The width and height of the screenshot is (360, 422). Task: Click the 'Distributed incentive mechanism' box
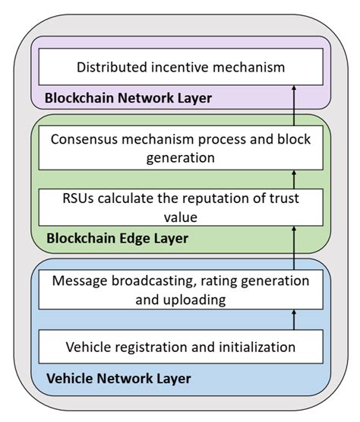180,68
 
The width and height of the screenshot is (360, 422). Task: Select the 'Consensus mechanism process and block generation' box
180,149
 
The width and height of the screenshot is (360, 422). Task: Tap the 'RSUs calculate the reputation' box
180,207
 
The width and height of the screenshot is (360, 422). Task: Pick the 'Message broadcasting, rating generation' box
180,290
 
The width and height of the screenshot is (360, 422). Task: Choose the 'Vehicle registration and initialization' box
180,347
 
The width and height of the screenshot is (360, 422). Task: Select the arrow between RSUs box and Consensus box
293,179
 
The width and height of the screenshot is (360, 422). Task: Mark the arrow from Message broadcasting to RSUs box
293,247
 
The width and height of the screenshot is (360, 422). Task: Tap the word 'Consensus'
85,141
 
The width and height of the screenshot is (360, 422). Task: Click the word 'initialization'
251,347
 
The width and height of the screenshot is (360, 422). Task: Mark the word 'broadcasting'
142,281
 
